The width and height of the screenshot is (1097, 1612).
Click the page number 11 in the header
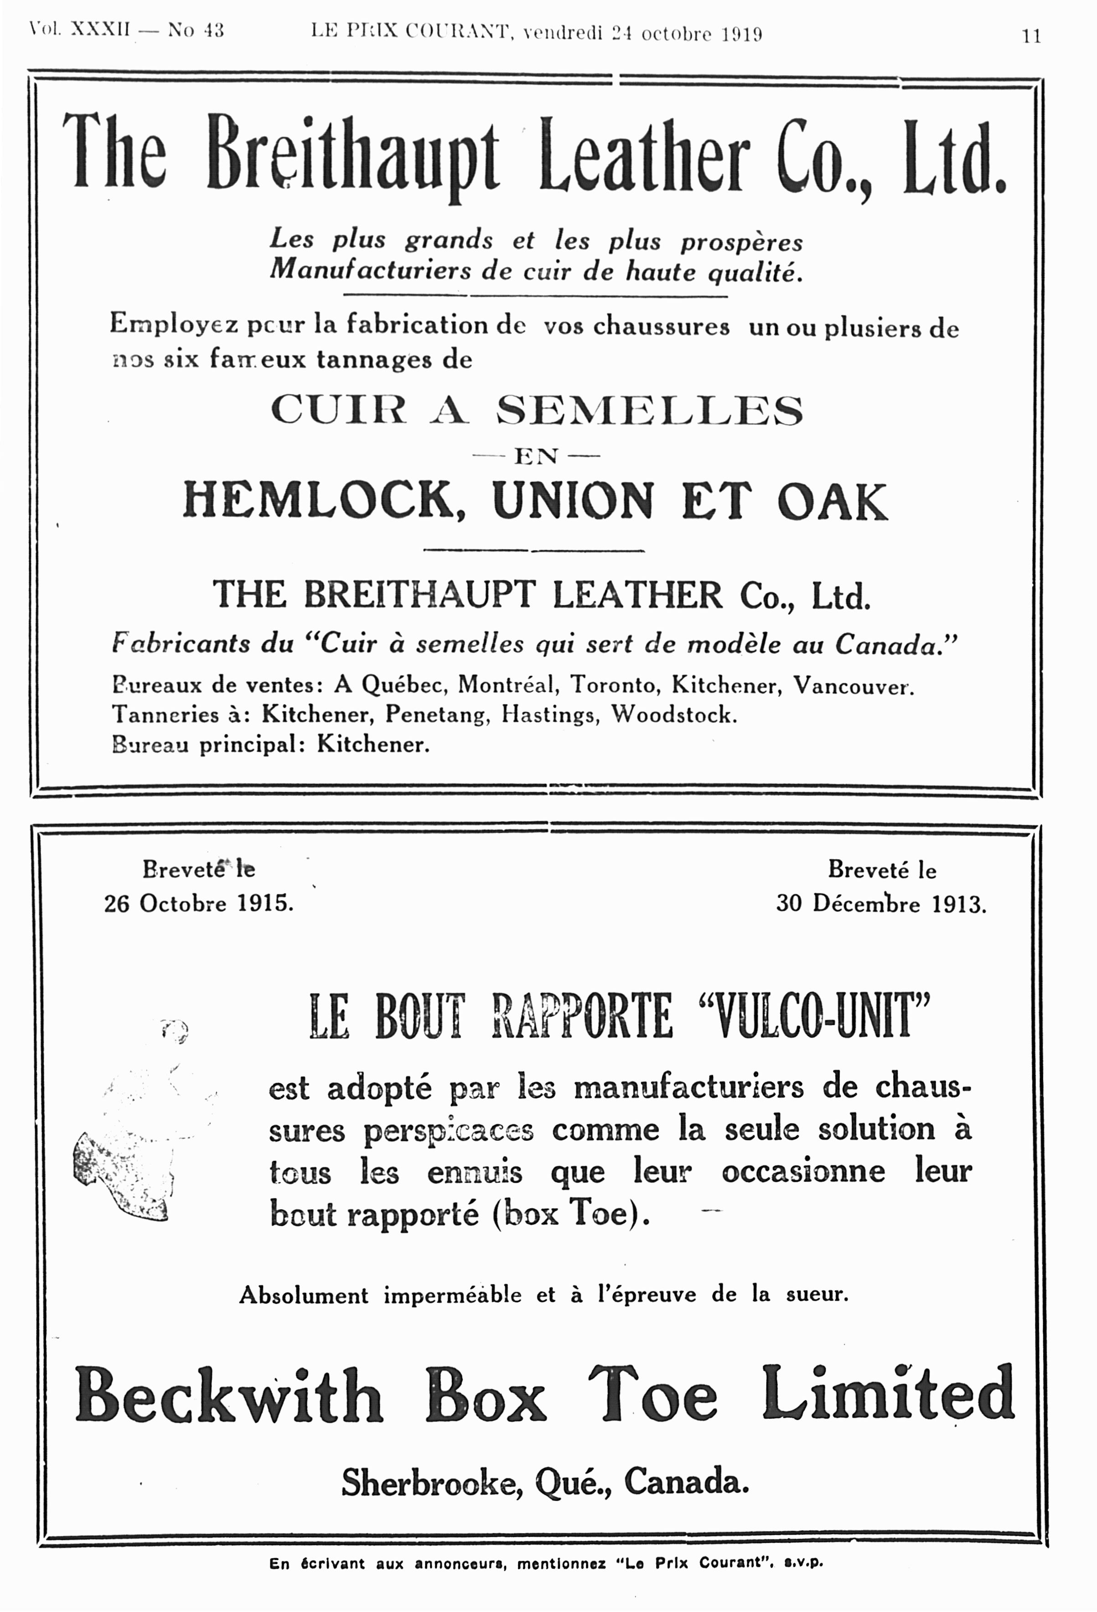tap(1031, 36)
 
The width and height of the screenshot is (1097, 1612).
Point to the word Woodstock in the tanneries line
tap(673, 715)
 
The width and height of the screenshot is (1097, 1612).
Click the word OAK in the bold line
tap(831, 501)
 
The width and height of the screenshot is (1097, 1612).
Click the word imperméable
tap(452, 1295)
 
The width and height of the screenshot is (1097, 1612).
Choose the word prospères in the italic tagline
tap(740, 242)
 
